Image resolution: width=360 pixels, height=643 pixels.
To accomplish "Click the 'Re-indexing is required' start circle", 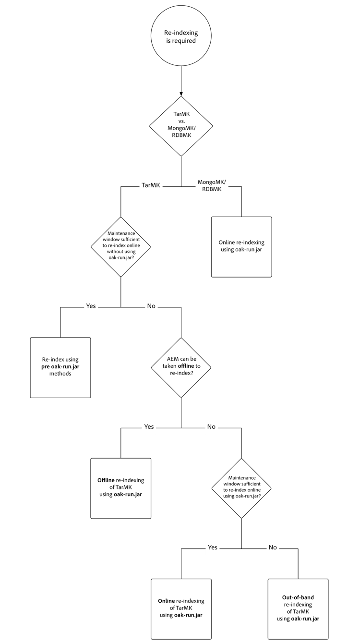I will [x=180, y=37].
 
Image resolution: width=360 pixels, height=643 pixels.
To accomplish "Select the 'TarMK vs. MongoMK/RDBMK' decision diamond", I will [x=180, y=126].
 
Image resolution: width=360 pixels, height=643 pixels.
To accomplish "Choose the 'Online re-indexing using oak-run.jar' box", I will [x=241, y=246].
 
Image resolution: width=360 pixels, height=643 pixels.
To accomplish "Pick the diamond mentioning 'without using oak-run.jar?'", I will [x=120, y=246].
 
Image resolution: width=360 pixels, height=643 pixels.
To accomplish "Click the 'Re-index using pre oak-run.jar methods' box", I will [x=60, y=367].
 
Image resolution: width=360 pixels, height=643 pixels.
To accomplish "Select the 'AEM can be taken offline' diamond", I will [x=181, y=367].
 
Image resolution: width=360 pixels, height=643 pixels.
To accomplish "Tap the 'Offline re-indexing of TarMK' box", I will [x=120, y=488].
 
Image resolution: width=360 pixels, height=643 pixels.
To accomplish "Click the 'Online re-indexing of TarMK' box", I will [x=181, y=609].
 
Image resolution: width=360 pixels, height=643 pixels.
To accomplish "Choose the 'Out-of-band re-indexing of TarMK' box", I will [x=298, y=609].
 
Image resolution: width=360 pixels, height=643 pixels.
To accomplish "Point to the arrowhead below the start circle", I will [x=181, y=93].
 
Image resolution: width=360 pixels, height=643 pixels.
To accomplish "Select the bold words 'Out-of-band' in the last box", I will [x=298, y=598].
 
